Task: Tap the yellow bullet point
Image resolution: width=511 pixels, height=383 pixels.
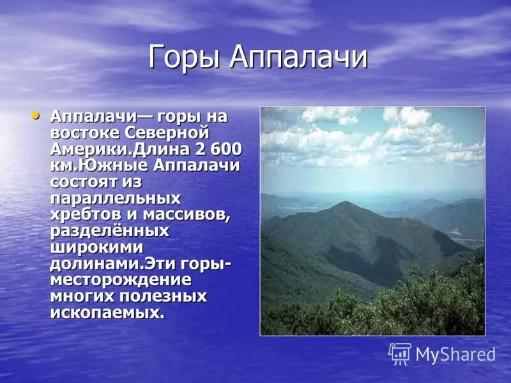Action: pos(36,116)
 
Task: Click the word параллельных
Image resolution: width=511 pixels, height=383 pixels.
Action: pos(115,198)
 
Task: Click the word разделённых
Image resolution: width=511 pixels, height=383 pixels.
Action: pos(109,230)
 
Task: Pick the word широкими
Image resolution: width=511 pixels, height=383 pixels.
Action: pos(96,247)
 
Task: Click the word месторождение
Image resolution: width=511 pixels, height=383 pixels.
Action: pos(120,280)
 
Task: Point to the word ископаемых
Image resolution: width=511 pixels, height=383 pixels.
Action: pos(107,313)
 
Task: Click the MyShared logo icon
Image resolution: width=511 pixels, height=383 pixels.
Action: pos(400,353)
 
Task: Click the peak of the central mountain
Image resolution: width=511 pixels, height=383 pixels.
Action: pos(346,204)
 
